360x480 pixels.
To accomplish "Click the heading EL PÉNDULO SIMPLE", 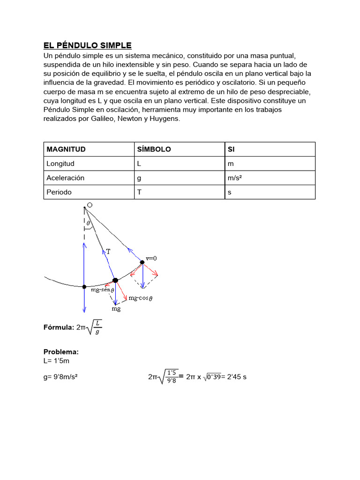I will click(x=88, y=45).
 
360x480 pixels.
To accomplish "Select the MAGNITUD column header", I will click(x=66, y=149).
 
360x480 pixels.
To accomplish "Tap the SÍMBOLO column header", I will click(x=154, y=149).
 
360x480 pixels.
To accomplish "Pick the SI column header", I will click(x=231, y=149).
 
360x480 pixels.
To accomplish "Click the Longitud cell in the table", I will click(x=60, y=164).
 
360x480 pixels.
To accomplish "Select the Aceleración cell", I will click(x=65, y=178).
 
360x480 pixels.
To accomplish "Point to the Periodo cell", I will click(x=59, y=192).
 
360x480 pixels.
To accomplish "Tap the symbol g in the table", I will click(x=139, y=178).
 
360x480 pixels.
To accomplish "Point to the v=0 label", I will click(x=151, y=258).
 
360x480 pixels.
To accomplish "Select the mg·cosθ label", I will click(x=141, y=298).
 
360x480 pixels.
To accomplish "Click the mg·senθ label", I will click(x=102, y=291).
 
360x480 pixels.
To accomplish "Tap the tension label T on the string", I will click(x=108, y=252).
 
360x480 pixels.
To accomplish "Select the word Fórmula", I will click(x=59, y=328).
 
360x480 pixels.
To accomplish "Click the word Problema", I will click(x=61, y=352).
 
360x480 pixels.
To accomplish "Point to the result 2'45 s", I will click(x=236, y=376).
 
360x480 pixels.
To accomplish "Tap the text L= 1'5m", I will click(x=56, y=361).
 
